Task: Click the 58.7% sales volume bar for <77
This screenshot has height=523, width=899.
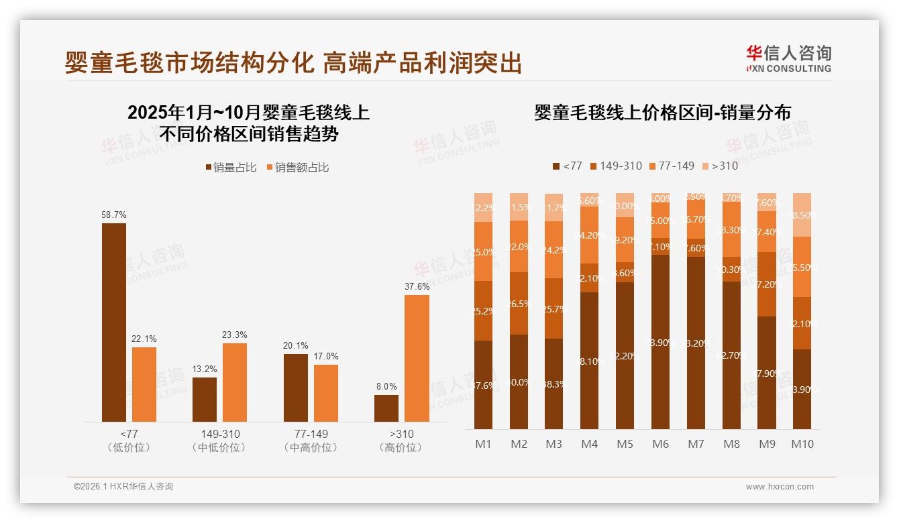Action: [114, 323]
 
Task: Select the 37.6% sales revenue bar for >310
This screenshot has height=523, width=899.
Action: [417, 358]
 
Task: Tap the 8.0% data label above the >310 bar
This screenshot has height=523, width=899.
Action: [386, 386]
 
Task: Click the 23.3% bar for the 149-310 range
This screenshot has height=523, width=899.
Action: [235, 382]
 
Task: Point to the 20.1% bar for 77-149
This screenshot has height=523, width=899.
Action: [296, 388]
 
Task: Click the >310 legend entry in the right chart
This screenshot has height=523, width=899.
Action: [719, 166]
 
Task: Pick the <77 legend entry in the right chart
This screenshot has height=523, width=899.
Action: [567, 166]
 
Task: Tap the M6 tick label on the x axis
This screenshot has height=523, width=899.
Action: [660, 444]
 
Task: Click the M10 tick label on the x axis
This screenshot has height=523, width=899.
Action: [802, 444]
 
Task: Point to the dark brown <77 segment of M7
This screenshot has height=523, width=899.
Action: [696, 343]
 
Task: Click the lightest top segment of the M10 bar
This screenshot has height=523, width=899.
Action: [802, 215]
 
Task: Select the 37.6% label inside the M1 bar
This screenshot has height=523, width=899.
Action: [483, 386]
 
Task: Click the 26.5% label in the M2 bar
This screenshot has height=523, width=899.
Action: [519, 304]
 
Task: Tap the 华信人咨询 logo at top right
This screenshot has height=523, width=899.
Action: [788, 58]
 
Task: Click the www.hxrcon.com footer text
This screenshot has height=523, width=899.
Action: [779, 487]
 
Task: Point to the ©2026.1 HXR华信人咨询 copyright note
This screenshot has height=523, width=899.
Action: [123, 487]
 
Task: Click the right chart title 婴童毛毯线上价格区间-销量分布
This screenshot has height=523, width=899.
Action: [662, 112]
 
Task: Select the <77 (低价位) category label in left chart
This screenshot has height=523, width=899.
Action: [129, 441]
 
